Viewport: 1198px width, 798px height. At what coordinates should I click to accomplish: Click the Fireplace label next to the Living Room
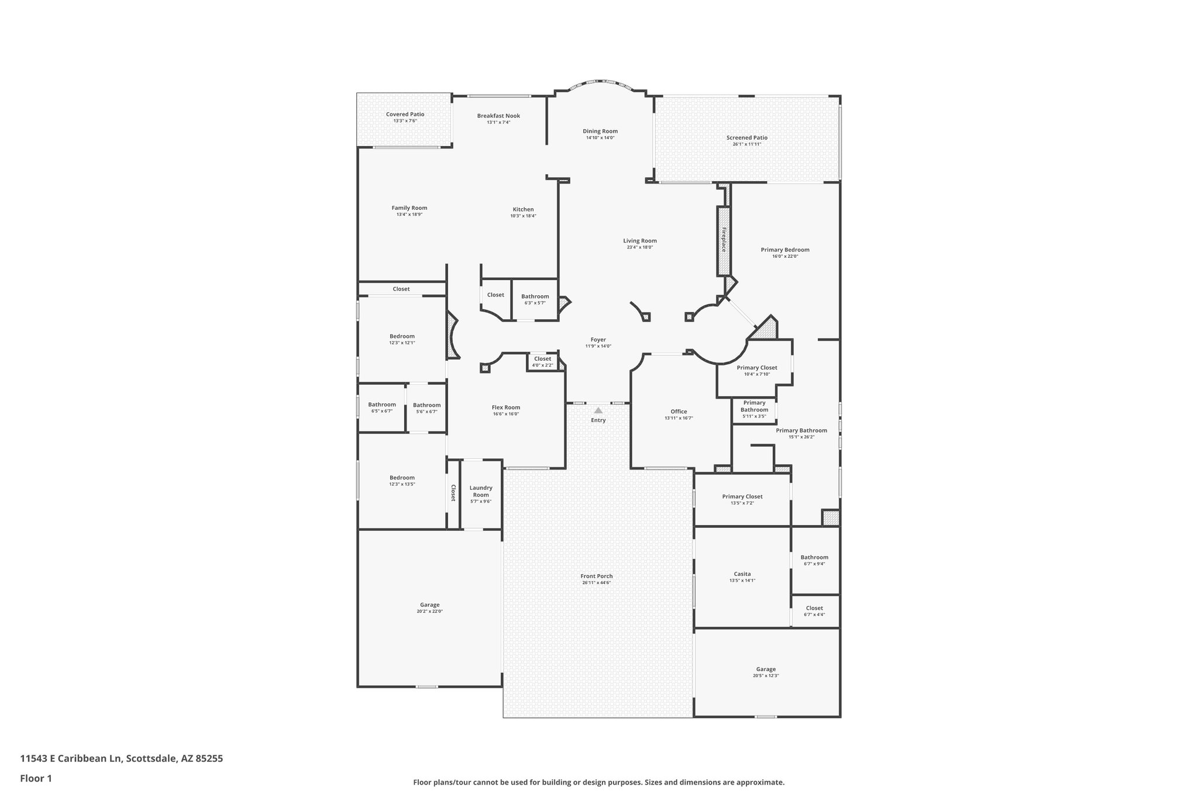point(724,240)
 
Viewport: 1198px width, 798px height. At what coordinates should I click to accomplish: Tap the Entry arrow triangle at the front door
point(598,410)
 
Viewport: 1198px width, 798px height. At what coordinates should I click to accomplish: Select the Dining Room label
point(600,132)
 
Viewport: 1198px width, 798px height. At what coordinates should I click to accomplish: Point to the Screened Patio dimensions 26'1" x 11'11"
point(747,144)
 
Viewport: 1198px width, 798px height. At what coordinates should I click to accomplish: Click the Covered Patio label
point(405,115)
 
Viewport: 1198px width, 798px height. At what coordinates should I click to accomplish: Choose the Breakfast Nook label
point(498,116)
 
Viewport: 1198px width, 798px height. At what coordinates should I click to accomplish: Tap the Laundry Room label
point(481,491)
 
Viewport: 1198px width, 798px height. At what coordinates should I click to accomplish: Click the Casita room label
point(742,574)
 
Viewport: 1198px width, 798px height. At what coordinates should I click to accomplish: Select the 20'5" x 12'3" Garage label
point(766,669)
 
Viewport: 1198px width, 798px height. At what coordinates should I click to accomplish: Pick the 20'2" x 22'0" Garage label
point(430,605)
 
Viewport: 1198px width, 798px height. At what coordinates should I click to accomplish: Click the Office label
point(679,412)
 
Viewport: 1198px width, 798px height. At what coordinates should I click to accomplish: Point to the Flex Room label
point(506,407)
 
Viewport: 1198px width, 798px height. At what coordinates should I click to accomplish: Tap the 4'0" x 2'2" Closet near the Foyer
point(542,359)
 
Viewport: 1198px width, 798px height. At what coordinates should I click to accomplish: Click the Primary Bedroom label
point(785,250)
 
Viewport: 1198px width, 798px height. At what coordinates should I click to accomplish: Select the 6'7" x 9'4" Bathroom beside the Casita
point(814,558)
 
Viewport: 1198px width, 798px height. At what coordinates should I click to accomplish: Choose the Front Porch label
point(597,576)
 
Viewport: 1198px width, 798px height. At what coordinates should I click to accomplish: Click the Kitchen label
point(523,209)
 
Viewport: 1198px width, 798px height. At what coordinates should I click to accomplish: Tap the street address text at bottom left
point(122,759)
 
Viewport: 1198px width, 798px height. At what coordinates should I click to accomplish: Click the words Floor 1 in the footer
point(36,779)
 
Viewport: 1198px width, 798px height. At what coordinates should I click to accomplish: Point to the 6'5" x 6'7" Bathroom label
point(382,405)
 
